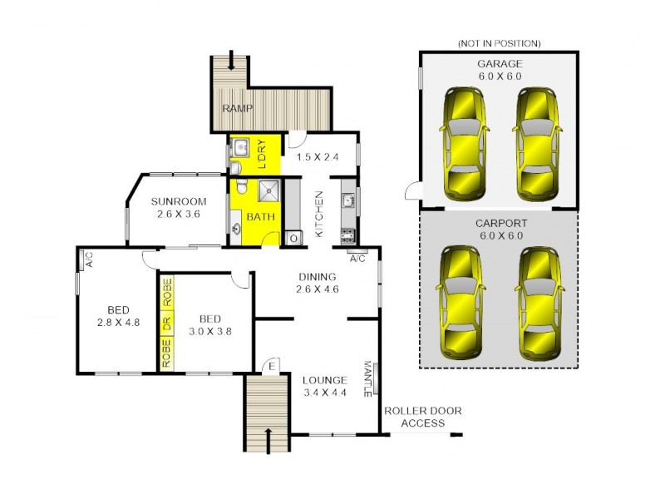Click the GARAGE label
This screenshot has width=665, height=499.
(x=499, y=63)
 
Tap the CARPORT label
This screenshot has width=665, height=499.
(x=499, y=223)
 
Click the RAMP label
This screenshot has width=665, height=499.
(x=237, y=109)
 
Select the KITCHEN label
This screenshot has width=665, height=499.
(x=318, y=214)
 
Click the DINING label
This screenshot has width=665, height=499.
(x=318, y=277)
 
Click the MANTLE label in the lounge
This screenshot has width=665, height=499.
(x=366, y=378)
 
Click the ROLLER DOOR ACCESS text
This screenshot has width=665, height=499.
(x=422, y=417)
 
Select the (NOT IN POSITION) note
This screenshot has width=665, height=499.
(x=499, y=43)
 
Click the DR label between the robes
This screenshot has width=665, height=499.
(x=166, y=324)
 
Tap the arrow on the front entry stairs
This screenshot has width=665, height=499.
(x=268, y=437)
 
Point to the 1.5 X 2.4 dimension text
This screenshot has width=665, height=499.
(x=317, y=155)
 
